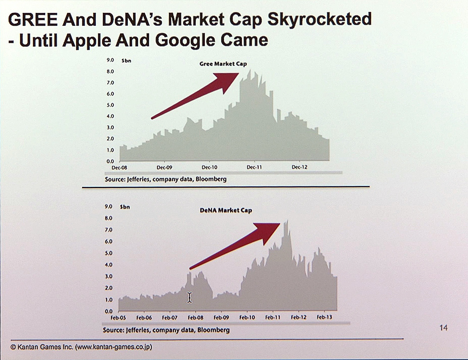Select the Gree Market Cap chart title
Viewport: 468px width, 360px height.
[x=223, y=64]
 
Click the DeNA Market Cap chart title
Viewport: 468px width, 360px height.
[x=226, y=210]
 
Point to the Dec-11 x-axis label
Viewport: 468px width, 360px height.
[x=254, y=168]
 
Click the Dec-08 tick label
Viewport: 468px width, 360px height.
[x=120, y=168]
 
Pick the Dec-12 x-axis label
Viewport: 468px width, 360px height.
[x=300, y=168]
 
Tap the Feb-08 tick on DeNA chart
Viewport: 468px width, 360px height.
[x=195, y=318]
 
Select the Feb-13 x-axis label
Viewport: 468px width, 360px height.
[x=324, y=318]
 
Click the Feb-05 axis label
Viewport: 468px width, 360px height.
[x=118, y=318]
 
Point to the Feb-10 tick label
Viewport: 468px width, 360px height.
[x=247, y=318]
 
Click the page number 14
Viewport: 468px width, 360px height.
[x=443, y=328]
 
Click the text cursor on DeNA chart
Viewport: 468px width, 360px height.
[x=190, y=298]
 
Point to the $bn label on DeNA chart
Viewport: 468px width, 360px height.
[x=125, y=207]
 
